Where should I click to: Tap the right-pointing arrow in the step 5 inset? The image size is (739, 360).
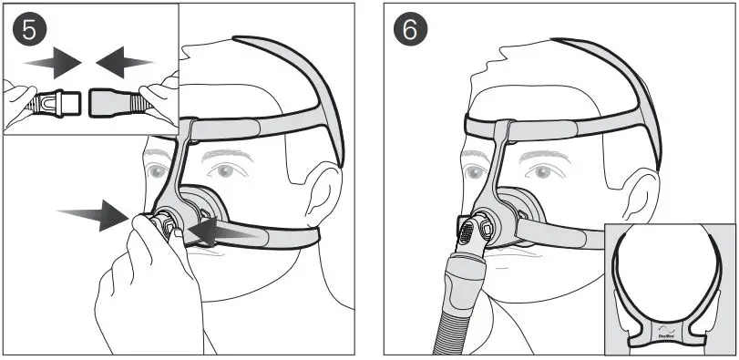click(51, 62)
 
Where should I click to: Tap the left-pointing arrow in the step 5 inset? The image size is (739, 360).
click(126, 62)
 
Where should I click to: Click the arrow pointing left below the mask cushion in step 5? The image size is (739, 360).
click(219, 234)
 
